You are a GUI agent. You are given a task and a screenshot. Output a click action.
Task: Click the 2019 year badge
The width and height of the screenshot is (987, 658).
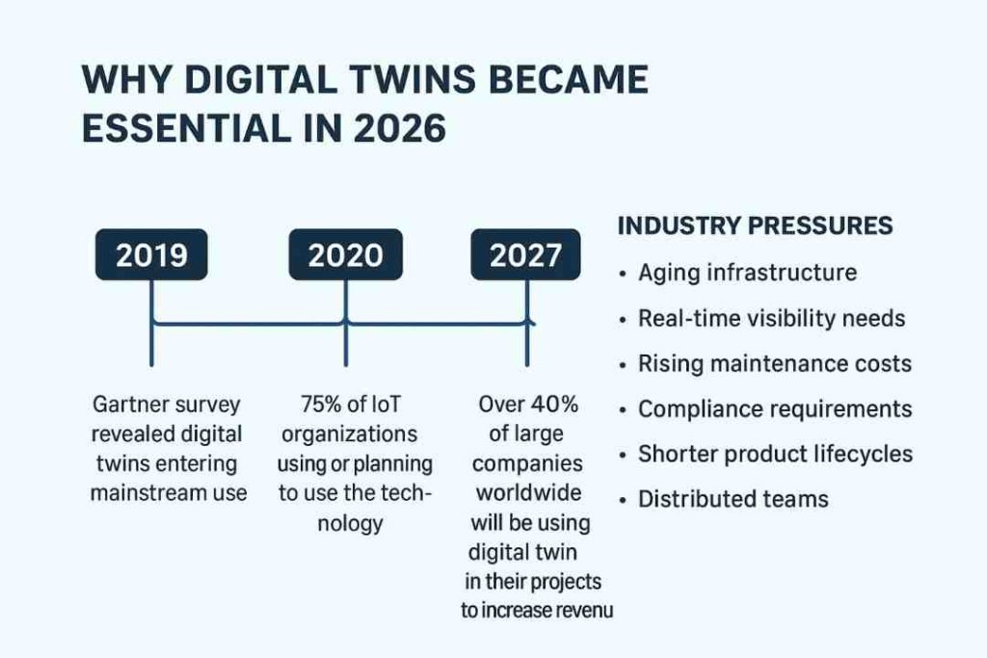pyautogui.click(x=151, y=255)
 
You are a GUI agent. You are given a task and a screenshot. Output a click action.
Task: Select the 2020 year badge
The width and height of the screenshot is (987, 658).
pyautogui.click(x=344, y=255)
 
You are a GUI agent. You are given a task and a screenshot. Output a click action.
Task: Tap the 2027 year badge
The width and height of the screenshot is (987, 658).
pyautogui.click(x=525, y=255)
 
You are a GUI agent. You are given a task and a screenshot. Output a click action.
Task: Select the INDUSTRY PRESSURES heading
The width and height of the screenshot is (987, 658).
pyautogui.click(x=754, y=226)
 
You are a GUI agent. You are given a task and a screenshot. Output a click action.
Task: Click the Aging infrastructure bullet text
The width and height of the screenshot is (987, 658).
pyautogui.click(x=747, y=273)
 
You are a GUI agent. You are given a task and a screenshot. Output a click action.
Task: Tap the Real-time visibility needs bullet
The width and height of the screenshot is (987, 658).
pyautogui.click(x=771, y=318)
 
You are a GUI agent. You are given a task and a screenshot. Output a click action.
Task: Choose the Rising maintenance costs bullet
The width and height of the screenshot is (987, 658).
pyautogui.click(x=775, y=363)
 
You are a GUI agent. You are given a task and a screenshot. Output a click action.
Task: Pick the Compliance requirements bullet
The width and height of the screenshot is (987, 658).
pyautogui.click(x=775, y=408)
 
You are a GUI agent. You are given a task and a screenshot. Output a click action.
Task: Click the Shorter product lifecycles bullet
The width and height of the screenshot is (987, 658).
pyautogui.click(x=775, y=454)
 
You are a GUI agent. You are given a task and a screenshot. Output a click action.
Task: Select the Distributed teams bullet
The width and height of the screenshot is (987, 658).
pyautogui.click(x=733, y=499)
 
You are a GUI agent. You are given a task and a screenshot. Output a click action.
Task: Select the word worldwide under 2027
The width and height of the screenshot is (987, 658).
pyautogui.click(x=529, y=493)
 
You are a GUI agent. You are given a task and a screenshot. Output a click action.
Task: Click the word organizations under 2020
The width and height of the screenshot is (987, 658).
pyautogui.click(x=349, y=434)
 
